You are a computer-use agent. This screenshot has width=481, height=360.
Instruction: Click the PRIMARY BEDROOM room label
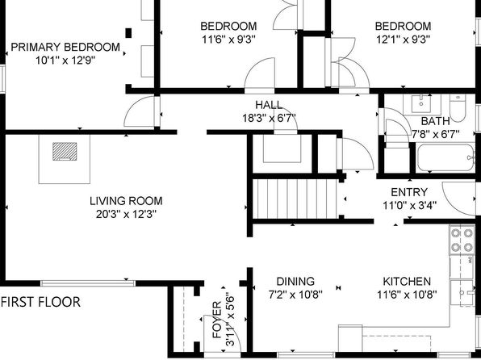click(65, 48)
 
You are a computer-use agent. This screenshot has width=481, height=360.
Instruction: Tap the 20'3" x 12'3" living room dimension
click(127, 214)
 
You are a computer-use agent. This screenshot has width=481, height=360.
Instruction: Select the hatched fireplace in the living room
click(65, 151)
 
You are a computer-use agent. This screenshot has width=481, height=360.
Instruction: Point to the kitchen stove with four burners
click(462, 240)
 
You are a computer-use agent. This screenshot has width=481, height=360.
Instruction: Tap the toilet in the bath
click(458, 108)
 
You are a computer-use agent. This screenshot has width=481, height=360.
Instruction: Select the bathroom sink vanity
click(422, 104)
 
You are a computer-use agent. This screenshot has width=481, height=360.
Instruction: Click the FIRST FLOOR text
click(41, 302)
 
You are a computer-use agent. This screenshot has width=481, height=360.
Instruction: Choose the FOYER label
click(217, 320)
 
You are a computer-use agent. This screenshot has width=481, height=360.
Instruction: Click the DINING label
click(295, 282)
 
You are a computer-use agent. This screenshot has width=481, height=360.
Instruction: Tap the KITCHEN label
click(407, 282)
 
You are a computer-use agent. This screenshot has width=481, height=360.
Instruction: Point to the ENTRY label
click(409, 192)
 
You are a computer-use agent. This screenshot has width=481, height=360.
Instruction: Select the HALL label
click(269, 105)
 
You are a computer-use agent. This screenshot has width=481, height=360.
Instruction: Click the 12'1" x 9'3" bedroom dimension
click(403, 40)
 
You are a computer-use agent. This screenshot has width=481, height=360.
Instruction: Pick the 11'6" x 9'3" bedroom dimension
click(229, 40)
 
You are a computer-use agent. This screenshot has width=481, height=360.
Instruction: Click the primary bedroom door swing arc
click(132, 106)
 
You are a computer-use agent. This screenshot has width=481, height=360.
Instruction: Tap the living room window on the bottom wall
click(88, 283)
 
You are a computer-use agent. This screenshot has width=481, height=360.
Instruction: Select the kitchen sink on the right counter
click(462, 293)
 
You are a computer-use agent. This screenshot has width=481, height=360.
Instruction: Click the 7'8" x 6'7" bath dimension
click(436, 134)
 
